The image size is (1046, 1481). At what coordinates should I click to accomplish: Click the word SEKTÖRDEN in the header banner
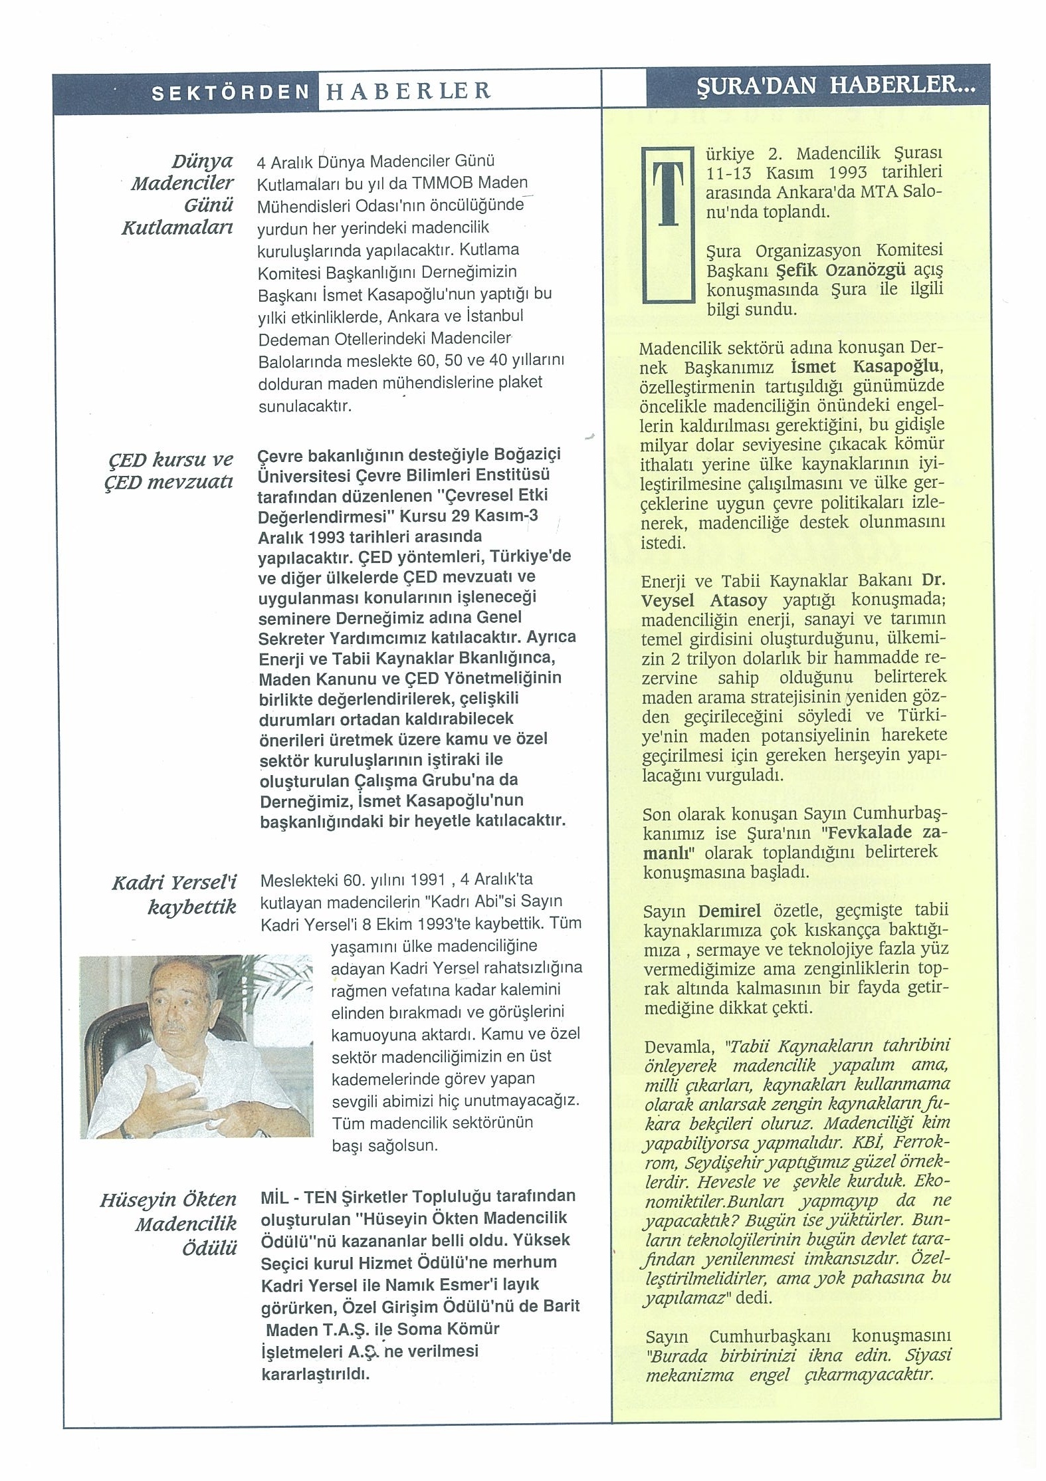tap(231, 92)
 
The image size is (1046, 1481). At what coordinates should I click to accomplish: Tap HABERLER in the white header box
tap(407, 91)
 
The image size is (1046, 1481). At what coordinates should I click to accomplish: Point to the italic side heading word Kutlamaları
tap(177, 228)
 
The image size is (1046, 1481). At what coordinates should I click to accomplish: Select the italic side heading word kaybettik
tap(191, 907)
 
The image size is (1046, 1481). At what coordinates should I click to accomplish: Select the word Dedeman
tap(292, 339)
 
